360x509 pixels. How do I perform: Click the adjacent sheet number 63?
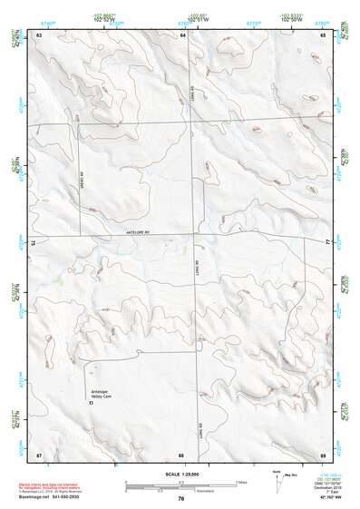coord(39,34)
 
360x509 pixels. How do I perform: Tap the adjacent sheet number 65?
coord(323,34)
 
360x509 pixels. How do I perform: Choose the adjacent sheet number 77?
coord(328,243)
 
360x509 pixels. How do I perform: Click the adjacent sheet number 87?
coord(39,454)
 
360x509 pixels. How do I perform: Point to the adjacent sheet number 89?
coord(323,454)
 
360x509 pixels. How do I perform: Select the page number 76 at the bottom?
coord(181,498)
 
